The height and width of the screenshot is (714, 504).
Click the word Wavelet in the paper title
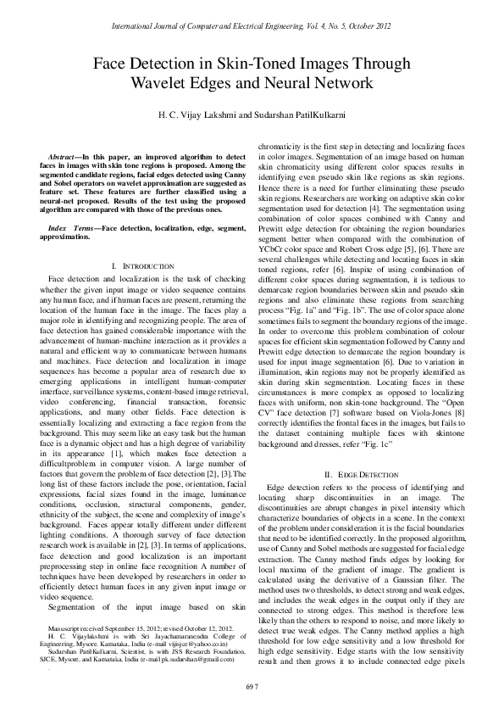(155, 83)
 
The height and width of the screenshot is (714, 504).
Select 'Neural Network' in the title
(322, 83)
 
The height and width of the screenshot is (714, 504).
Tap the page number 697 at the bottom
(252, 685)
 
